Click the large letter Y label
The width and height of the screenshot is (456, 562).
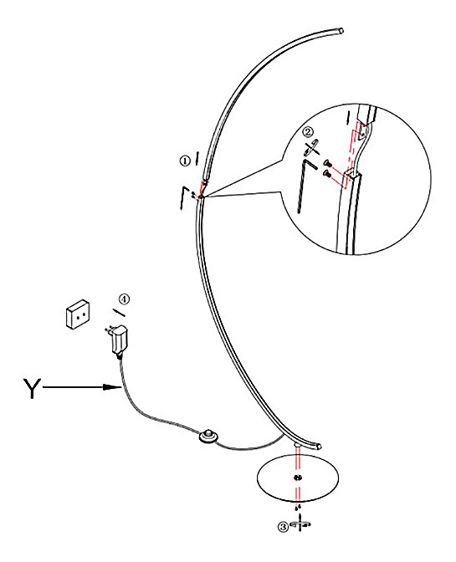tap(32, 388)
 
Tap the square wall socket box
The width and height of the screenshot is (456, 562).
tap(78, 314)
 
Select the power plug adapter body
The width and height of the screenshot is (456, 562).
tap(120, 339)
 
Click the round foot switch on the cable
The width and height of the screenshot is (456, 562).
tap(208, 437)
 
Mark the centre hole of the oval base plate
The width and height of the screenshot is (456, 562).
tap(297, 478)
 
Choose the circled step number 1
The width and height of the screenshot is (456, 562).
tap(185, 161)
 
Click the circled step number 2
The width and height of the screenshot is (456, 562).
tap(307, 131)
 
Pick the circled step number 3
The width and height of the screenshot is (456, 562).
tap(283, 527)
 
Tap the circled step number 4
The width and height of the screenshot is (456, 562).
tap(124, 299)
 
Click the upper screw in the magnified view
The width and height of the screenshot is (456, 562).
tap(327, 163)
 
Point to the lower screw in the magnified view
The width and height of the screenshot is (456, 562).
tap(327, 174)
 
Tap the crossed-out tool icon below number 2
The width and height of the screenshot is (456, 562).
tap(311, 147)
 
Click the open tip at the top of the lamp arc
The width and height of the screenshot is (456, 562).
tap(341, 31)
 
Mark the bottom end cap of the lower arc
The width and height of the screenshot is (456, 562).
tap(318, 447)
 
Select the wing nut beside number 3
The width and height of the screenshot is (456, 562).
tap(300, 524)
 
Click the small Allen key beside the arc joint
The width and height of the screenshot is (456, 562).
tap(183, 197)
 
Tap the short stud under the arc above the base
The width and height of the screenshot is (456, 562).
tap(297, 445)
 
